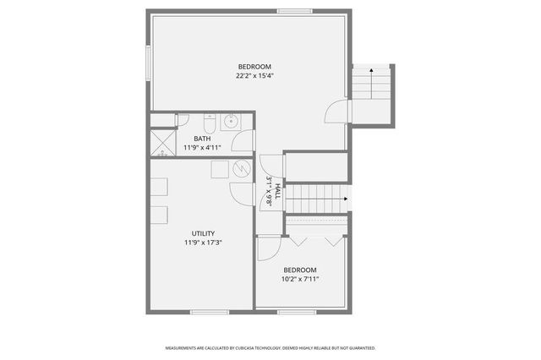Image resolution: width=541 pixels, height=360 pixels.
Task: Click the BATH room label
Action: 202,139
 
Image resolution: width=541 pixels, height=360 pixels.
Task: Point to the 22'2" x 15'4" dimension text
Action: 254,75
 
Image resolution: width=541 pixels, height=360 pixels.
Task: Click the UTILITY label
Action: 203,233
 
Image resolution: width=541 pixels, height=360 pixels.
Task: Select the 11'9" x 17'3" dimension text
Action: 203,243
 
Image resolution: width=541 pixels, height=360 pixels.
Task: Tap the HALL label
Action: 277,191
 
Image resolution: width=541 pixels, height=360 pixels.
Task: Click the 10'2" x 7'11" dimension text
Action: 300,279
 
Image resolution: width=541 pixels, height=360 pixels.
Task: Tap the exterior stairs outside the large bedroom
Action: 373,93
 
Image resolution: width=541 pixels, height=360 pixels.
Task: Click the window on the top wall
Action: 294,11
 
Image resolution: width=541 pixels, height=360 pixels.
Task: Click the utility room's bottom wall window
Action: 209,312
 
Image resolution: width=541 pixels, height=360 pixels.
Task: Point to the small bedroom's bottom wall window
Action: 296,312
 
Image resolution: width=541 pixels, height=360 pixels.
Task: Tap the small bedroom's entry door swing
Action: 269,247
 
